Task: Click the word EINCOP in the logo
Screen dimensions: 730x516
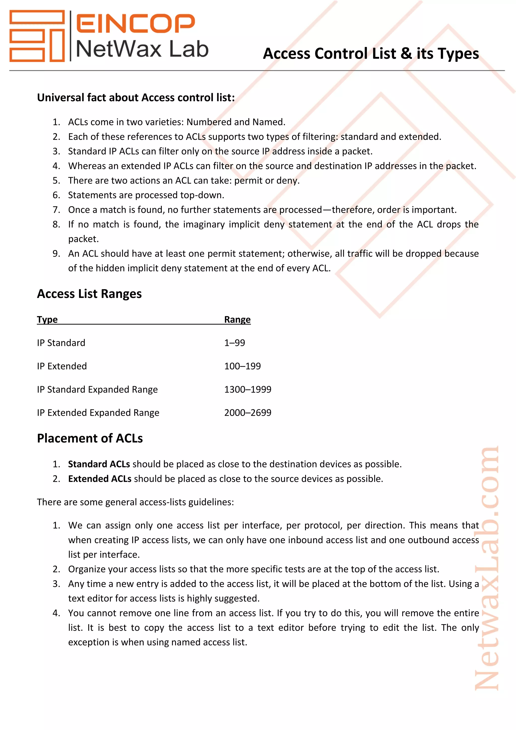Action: (135, 23)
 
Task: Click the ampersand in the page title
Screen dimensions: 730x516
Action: (406, 53)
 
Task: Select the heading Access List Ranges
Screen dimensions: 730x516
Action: (89, 294)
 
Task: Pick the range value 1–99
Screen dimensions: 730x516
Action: (235, 343)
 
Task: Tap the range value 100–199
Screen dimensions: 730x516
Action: (242, 366)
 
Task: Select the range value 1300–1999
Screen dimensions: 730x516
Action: (247, 389)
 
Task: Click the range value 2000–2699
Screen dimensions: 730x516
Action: (247, 413)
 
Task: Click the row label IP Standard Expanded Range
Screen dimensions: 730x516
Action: (97, 389)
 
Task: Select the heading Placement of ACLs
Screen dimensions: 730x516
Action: (90, 438)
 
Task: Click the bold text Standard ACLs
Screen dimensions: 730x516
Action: (99, 464)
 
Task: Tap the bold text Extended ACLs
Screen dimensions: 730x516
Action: (100, 479)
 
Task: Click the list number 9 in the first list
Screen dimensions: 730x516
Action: (56, 254)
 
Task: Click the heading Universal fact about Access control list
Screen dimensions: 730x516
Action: (136, 98)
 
